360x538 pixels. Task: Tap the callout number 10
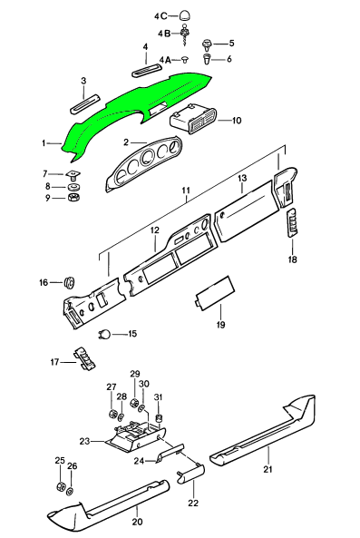[237, 121]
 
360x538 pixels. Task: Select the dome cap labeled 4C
[185, 15]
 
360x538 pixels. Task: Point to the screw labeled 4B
[186, 36]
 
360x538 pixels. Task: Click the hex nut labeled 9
[73, 198]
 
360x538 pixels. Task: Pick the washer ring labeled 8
[73, 187]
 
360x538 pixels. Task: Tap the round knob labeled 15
[104, 334]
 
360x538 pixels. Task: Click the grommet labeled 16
[70, 283]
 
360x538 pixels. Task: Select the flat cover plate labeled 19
[215, 293]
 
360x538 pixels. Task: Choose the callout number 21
[268, 469]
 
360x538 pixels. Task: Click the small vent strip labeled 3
[85, 103]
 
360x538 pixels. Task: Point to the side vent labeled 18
[293, 222]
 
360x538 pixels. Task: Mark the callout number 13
[242, 179]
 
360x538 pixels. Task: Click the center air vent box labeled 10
[193, 121]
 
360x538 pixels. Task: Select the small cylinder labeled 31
[159, 418]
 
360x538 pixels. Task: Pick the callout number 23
[84, 441]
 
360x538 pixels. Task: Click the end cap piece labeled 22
[191, 474]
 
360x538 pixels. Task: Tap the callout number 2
[126, 142]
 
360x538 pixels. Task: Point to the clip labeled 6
[207, 59]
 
